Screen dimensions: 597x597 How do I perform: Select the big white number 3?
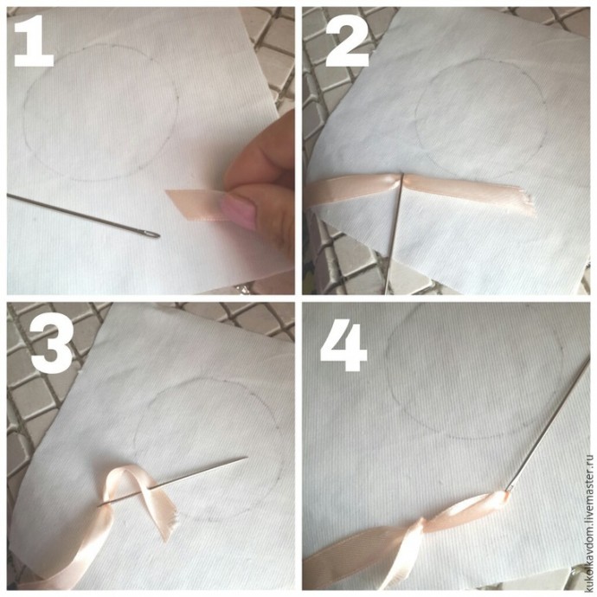click(52, 344)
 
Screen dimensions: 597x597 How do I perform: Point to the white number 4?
click(343, 344)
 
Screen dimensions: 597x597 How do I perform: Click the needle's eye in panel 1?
click(152, 234)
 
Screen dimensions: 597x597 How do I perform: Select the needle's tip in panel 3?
click(247, 458)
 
